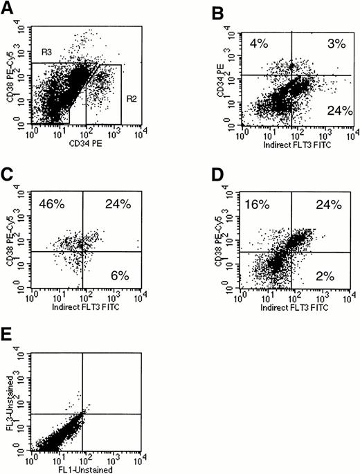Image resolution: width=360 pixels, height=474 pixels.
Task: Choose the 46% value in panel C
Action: (50, 203)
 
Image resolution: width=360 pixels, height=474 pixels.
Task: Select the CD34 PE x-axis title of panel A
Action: (83, 145)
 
